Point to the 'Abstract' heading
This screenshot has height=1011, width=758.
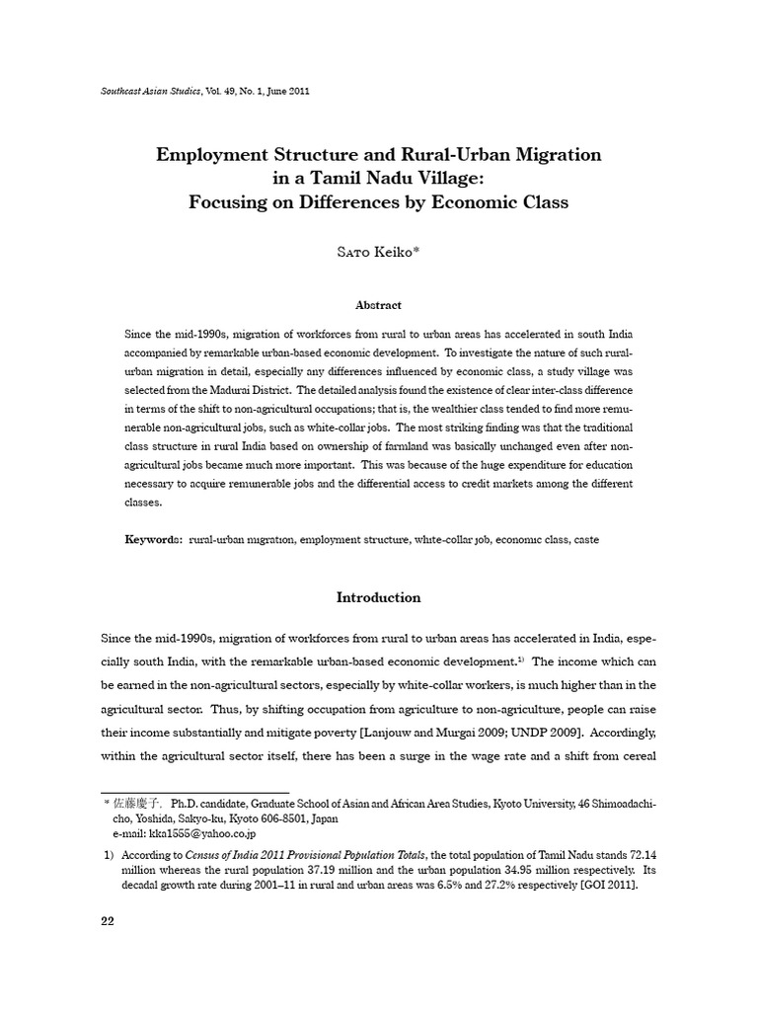[x=379, y=305]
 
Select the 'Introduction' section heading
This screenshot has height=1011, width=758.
[x=379, y=597]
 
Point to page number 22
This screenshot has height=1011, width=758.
[x=110, y=921]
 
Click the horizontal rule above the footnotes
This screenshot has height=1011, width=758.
[x=195, y=792]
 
